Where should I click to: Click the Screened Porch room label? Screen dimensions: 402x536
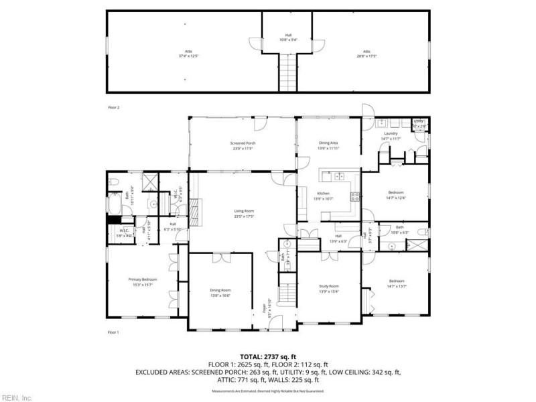point(243,143)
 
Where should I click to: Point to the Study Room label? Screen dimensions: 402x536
point(328,286)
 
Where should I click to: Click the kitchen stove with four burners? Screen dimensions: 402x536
point(355,196)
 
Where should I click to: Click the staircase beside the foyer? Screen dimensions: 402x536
point(288,293)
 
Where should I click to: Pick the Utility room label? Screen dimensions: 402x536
point(419,121)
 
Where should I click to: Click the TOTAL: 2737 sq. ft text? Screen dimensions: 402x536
point(268,356)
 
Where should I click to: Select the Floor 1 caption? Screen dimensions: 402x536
point(113,332)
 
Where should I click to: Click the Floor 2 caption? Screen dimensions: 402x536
point(113,107)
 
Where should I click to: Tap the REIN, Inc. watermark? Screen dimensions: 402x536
point(17,397)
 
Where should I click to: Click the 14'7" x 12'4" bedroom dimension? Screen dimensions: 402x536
point(395,198)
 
